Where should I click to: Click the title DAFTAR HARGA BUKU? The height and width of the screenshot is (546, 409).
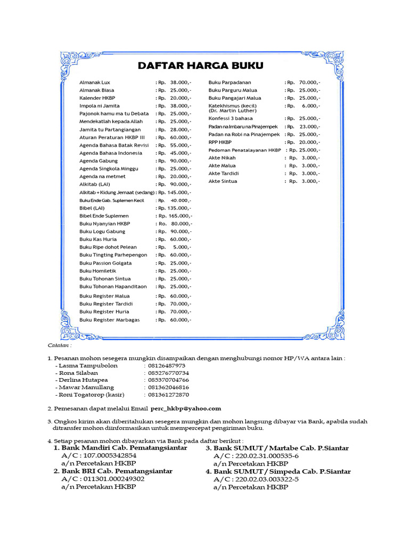[x=201, y=66]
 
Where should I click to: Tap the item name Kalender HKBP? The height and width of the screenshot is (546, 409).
[x=97, y=98]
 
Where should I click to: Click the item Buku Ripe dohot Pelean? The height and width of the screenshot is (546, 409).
[x=108, y=247]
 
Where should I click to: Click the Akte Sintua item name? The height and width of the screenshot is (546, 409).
[x=223, y=181]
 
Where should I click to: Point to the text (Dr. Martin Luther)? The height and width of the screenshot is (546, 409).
[x=232, y=110]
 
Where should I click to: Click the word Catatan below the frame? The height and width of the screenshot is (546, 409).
[x=59, y=345]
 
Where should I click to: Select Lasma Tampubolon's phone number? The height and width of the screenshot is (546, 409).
[x=167, y=366]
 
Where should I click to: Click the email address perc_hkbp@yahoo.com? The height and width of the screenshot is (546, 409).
[x=185, y=408]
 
